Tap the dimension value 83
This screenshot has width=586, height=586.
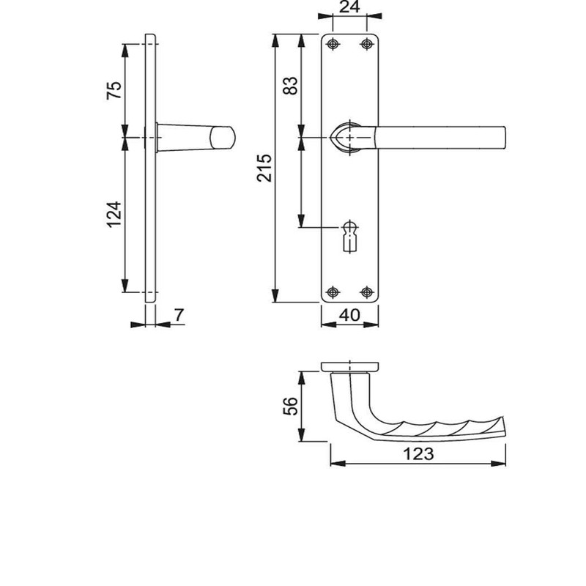coord(291,86)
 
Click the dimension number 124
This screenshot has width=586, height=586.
coord(114,215)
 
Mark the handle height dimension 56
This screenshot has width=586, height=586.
coord(290,406)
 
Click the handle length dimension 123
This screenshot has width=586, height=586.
coord(418,454)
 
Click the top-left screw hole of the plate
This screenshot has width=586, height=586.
coord(334,45)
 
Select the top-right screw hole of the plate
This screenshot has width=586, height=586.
coord(366,45)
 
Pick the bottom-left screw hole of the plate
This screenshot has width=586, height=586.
coord(334,291)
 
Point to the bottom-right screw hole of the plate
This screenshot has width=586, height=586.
coord(366,291)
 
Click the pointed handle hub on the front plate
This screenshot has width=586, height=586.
coord(347,137)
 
